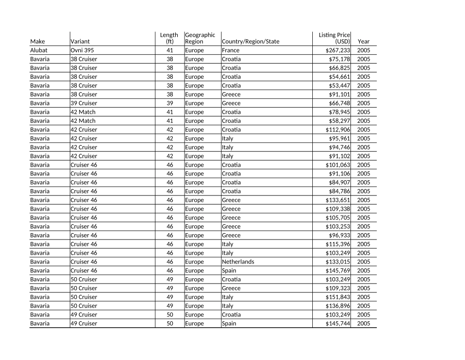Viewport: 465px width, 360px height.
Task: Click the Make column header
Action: (37, 42)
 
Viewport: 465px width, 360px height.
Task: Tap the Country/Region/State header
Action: (251, 42)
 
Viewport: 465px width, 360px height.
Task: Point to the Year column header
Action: (364, 42)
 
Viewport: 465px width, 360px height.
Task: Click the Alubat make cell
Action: (39, 50)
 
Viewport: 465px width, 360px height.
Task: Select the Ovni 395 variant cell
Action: (82, 50)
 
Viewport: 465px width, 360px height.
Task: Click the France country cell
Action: (231, 50)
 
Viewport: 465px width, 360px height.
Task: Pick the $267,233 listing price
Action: (338, 50)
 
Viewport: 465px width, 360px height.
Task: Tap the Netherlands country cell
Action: (238, 262)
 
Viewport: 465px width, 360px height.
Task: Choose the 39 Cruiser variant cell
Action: (84, 103)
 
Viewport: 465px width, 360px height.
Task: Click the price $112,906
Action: (338, 130)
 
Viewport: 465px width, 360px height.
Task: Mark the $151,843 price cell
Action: (338, 297)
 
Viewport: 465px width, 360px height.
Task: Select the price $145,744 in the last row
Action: (338, 324)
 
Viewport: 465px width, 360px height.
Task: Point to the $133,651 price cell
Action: (338, 200)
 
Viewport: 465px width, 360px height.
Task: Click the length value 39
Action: (170, 103)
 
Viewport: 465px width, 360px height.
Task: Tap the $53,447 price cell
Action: (339, 86)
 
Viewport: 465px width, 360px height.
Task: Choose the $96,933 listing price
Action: (339, 236)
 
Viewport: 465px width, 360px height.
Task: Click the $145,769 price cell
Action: (338, 271)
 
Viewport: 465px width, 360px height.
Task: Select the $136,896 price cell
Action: (338, 306)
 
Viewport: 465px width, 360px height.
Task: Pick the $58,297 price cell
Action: (339, 121)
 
